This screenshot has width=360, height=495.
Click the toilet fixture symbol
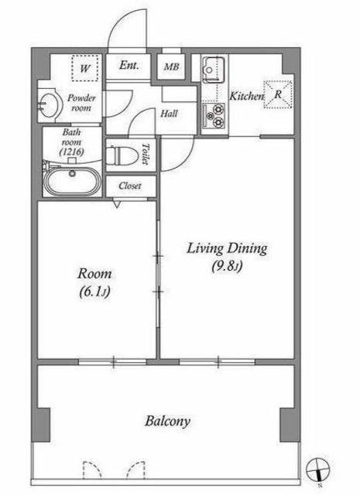tap(122, 155)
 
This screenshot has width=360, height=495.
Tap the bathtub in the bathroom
tap(72, 181)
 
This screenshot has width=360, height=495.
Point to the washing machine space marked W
tap(85, 68)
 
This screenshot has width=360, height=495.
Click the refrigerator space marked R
tap(277, 94)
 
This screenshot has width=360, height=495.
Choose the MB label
tap(172, 67)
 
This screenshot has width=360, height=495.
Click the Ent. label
tap(129, 65)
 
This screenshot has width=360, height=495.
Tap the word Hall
tap(169, 114)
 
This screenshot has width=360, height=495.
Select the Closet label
tap(130, 186)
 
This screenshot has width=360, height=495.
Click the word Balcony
tap(167, 421)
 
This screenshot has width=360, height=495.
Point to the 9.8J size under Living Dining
tap(227, 266)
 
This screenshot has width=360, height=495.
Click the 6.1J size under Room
tap(94, 292)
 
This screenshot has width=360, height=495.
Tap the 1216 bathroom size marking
tap(72, 152)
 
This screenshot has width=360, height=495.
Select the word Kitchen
tap(246, 96)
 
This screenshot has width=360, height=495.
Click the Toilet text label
tap(145, 154)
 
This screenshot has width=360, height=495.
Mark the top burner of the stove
tap(218, 109)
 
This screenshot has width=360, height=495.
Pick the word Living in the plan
tap(205, 249)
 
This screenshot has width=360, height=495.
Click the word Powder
tap(81, 98)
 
